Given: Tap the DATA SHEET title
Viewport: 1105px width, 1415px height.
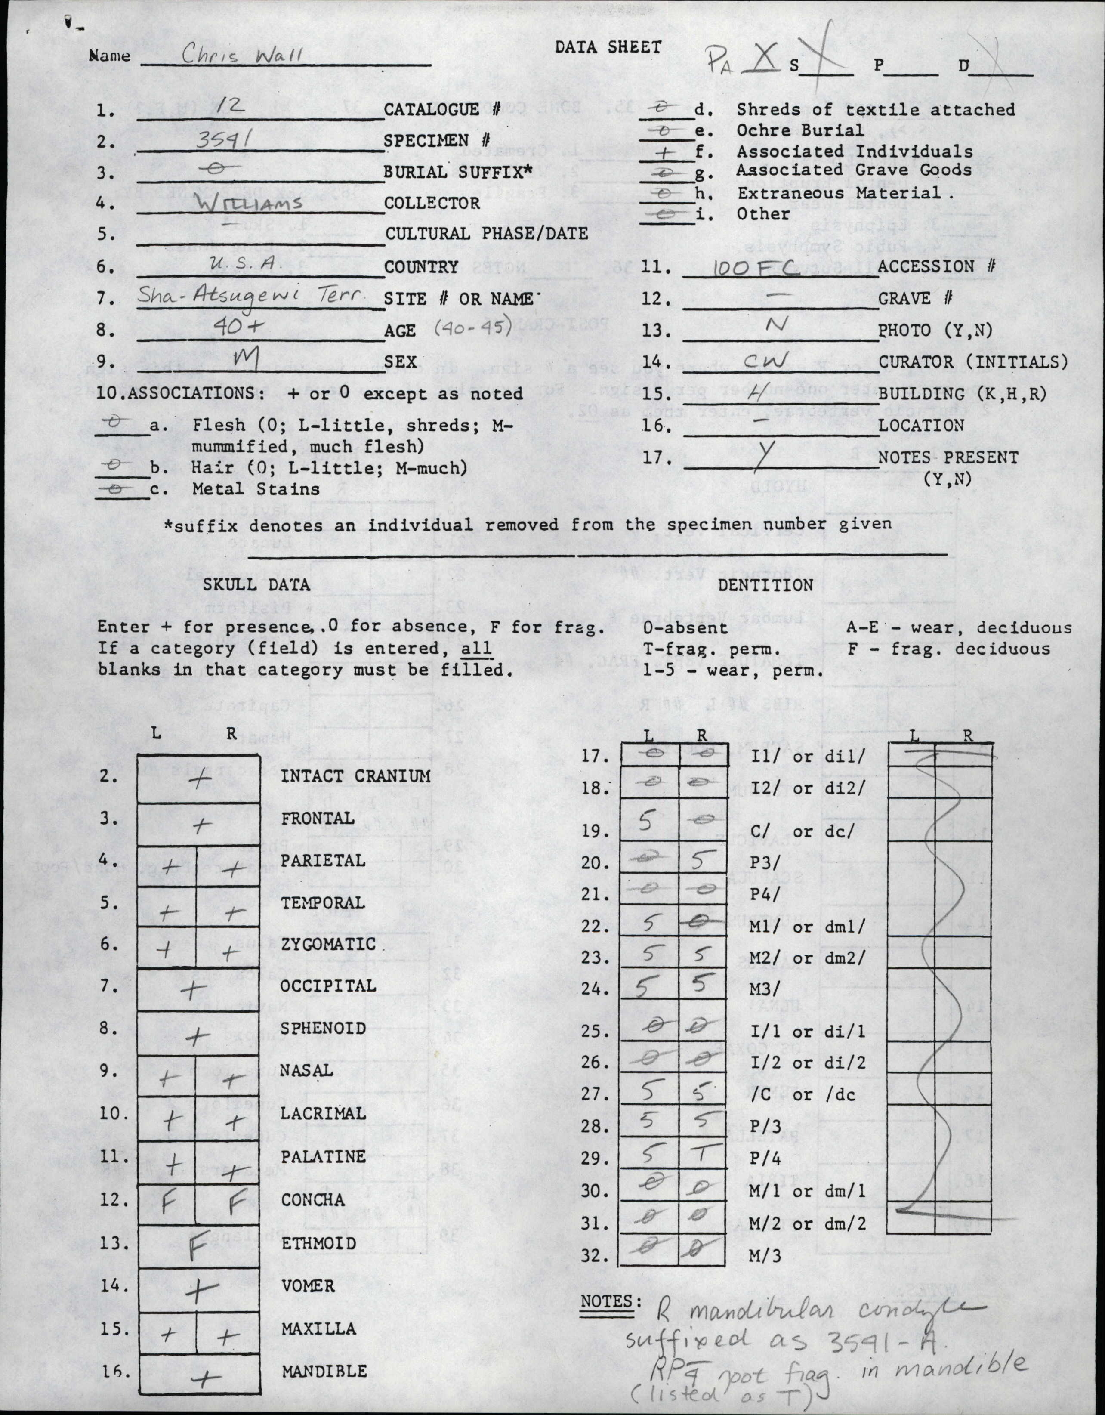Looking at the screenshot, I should pyautogui.click(x=608, y=47).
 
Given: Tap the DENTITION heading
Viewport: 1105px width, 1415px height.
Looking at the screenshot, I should pyautogui.click(x=765, y=584).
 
